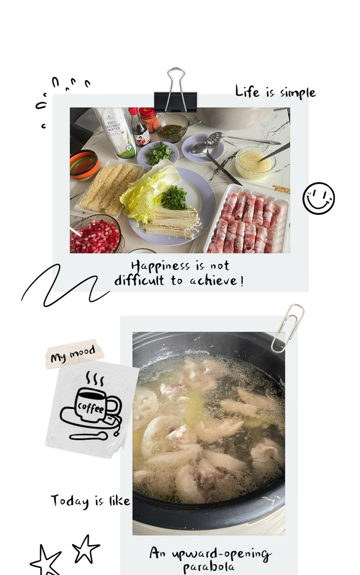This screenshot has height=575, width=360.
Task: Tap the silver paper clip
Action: coord(287,328)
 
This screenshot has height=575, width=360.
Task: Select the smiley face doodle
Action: coord(319,198)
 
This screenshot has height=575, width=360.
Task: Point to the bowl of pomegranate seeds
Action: coord(96,235)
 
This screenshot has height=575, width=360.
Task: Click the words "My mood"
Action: coord(73,354)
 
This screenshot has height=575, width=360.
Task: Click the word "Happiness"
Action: coord(160,266)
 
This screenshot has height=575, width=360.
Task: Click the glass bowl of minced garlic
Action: coord(255,163)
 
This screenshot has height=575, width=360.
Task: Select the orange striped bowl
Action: coord(84,165)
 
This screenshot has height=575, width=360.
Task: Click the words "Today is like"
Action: coord(90,501)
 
